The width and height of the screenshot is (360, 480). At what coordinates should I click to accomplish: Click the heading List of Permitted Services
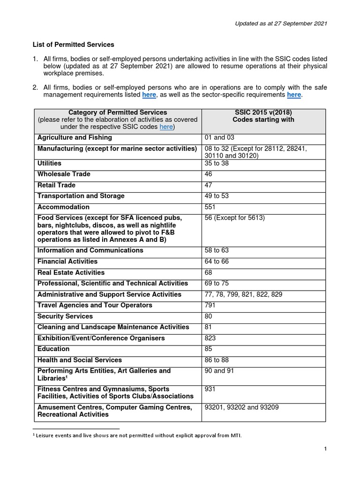73,45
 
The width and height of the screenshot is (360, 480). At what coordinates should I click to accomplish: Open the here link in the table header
166,127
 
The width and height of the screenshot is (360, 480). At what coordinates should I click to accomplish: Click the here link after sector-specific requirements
294,95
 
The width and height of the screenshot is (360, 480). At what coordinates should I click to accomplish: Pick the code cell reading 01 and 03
218,137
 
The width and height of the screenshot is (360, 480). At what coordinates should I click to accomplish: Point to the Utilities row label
49,163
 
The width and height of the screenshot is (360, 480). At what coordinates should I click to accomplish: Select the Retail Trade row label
56,185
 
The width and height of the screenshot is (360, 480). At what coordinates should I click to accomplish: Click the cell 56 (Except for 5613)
235,218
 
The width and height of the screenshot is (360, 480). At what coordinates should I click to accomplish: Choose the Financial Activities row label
67,261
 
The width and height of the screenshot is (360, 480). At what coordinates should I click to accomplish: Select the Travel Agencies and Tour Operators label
95,305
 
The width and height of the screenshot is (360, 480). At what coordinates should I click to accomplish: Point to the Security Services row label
65,316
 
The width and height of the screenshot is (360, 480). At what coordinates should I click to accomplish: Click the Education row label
53,349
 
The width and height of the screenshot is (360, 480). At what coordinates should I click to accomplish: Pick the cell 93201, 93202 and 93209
241,407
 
